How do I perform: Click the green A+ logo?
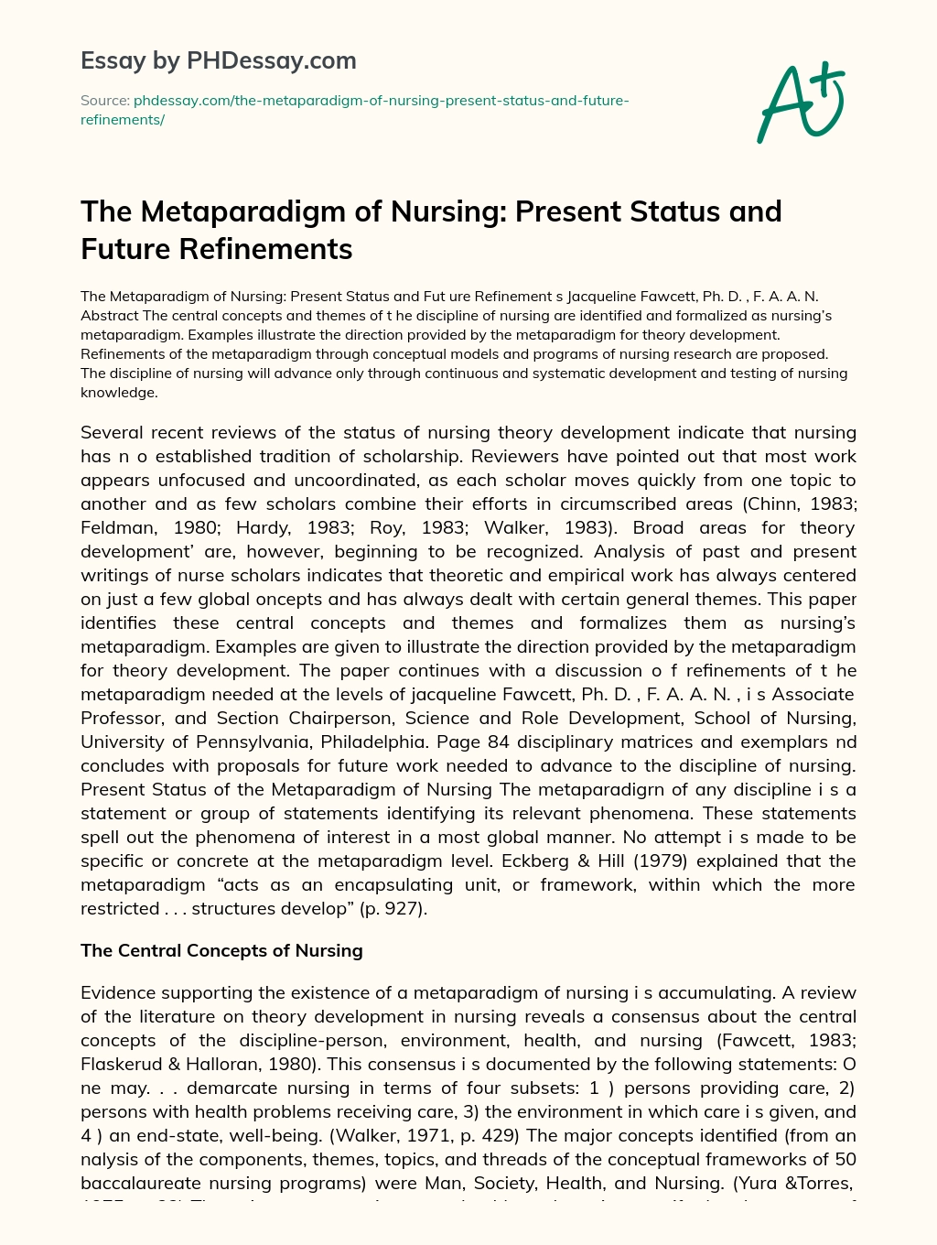click(x=800, y=103)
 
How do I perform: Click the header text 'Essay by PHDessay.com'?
click(x=218, y=60)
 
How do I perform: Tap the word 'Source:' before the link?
click(x=104, y=101)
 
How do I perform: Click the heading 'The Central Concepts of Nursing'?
click(x=221, y=950)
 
